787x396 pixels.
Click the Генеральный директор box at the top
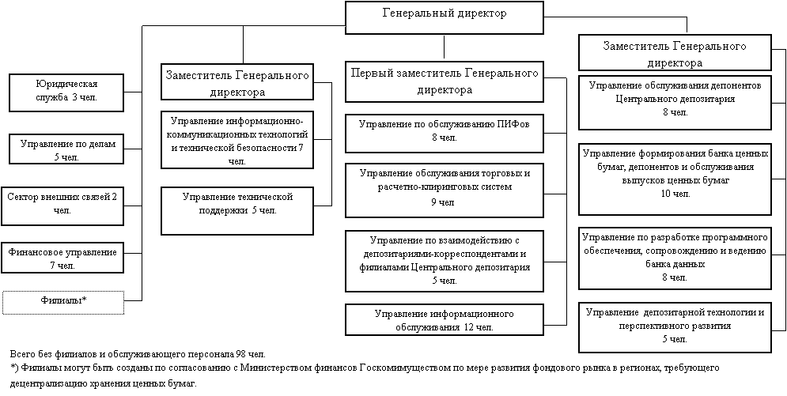click(x=445, y=17)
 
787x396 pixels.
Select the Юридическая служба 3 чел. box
click(x=66, y=92)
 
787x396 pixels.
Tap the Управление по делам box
click(x=66, y=149)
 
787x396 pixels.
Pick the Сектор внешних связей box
click(x=62, y=206)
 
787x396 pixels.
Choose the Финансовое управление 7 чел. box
click(x=62, y=258)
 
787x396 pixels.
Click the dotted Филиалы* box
click(x=63, y=302)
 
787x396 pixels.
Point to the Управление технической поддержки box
click(x=237, y=210)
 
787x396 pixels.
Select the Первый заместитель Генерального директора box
click(x=445, y=81)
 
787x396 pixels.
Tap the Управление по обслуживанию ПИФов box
click(x=445, y=134)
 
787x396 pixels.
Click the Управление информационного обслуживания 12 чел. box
click(x=445, y=320)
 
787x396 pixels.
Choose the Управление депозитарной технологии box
click(x=675, y=326)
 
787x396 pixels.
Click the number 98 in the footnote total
click(x=240, y=354)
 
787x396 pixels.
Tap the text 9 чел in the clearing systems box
click(x=444, y=202)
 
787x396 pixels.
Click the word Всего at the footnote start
click(x=21, y=354)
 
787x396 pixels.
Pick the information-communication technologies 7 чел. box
click(x=237, y=140)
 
